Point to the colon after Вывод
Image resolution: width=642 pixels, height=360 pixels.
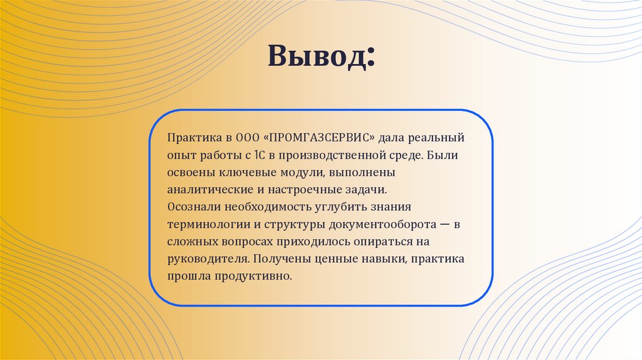click(371, 60)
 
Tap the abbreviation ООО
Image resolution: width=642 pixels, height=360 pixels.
click(246, 137)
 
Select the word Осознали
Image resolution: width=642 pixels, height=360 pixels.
click(189, 206)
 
